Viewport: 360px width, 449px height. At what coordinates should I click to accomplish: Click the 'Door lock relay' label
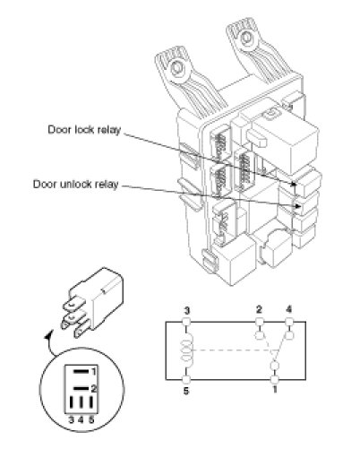[x=84, y=130]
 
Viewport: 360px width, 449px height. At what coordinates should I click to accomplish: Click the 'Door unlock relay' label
[x=76, y=184]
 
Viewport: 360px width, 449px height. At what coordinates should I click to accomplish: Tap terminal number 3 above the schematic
[x=186, y=311]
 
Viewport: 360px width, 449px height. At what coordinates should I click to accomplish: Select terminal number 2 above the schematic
[x=259, y=309]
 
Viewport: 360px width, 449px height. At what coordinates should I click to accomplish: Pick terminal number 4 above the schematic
[x=289, y=309]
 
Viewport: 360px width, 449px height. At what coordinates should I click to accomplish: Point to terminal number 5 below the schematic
[x=186, y=391]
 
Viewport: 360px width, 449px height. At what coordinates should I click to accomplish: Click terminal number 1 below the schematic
[x=275, y=390]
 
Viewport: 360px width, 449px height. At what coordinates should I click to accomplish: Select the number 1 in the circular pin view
[x=94, y=372]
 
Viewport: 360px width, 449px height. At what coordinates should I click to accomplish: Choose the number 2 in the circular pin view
[x=94, y=389]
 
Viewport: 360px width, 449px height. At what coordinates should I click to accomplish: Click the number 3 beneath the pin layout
[x=71, y=419]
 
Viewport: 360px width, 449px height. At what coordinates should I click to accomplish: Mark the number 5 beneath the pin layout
[x=91, y=419]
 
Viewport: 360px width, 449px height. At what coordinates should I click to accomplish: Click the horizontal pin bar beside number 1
[x=81, y=372]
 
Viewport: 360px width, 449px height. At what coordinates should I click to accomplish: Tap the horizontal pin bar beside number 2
[x=81, y=388]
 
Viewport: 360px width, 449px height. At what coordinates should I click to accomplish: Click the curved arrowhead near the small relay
[x=47, y=335]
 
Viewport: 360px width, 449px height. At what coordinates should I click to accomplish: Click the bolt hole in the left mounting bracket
[x=177, y=69]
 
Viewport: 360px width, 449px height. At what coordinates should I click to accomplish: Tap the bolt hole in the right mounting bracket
[x=246, y=38]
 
